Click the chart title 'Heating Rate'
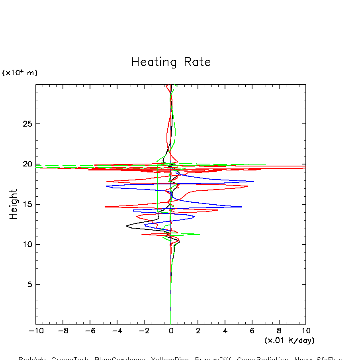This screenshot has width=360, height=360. click(171, 62)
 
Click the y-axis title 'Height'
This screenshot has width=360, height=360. click(14, 204)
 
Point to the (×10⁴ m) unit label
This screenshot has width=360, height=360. click(20, 73)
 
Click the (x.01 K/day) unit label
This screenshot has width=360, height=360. click(289, 340)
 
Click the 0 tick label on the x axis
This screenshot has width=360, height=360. click(171, 331)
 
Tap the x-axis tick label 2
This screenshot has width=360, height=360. click(198, 331)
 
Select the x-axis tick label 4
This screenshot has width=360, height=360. click(225, 331)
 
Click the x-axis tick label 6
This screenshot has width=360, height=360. click(252, 331)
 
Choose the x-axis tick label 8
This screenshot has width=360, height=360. click(279, 331)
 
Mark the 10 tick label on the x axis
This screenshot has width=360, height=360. click(306, 331)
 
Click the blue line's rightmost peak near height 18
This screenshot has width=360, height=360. click(254, 182)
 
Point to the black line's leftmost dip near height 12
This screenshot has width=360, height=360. click(126, 226)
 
